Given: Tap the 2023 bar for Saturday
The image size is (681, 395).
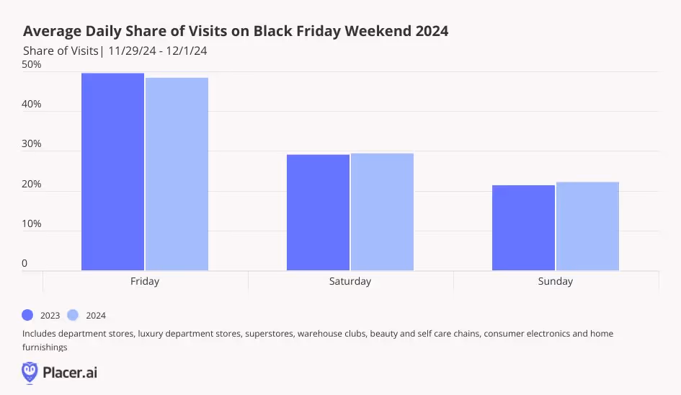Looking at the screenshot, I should [x=318, y=213].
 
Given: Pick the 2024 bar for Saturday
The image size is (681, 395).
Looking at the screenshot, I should [x=382, y=212].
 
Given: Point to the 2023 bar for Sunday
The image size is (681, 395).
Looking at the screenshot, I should [x=523, y=228].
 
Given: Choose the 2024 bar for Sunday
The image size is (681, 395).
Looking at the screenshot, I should [x=587, y=226].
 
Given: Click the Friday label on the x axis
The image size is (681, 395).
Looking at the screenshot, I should [x=145, y=281].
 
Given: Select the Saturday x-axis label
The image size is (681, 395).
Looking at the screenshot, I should [x=350, y=281].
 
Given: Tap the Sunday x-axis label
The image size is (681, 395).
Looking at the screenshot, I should [x=555, y=281].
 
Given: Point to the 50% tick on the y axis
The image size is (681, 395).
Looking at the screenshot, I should [x=32, y=64].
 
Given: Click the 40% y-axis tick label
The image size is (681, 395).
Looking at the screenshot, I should [x=32, y=104].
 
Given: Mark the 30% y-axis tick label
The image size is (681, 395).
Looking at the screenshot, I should [x=32, y=143].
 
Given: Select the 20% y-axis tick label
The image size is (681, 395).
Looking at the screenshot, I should [x=32, y=184].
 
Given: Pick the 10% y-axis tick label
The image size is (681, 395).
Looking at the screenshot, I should [x=32, y=223].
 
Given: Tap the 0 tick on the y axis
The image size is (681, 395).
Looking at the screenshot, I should [x=25, y=263].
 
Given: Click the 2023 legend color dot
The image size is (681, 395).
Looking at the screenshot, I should [x=28, y=315].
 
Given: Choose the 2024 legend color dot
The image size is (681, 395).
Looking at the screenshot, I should [x=72, y=315].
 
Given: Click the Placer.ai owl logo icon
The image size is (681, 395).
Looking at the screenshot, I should [x=30, y=372].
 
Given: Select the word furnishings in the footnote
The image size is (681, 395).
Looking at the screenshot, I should [x=45, y=347].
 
